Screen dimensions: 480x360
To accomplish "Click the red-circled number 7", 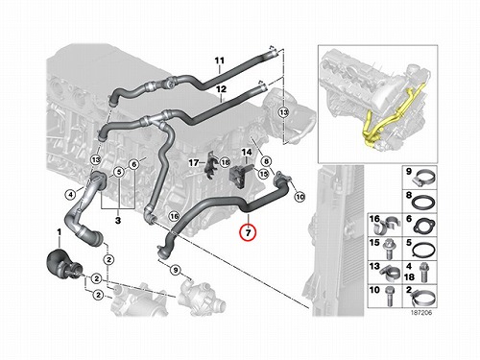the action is [x=249, y=232].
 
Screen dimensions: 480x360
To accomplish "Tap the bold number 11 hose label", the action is [x=220, y=60].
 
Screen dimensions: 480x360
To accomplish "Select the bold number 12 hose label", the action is [x=221, y=89].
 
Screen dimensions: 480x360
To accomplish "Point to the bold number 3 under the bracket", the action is [x=118, y=221].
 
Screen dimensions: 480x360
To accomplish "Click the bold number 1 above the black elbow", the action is [x=59, y=231].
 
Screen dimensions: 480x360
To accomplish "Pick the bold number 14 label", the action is [x=247, y=152].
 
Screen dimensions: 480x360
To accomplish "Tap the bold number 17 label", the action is [x=194, y=163].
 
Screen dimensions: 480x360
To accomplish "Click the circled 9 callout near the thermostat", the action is [x=176, y=270].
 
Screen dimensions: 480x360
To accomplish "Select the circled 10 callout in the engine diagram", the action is [x=300, y=197].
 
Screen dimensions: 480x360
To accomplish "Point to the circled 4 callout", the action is [x=70, y=194].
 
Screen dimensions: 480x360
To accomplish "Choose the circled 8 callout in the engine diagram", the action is [x=266, y=161].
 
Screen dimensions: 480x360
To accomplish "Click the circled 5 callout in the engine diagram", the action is [x=119, y=172].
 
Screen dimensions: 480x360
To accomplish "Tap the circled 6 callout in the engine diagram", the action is [x=134, y=164].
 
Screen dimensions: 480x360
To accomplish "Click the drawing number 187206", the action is [x=421, y=312].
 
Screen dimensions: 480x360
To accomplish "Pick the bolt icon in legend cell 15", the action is [x=388, y=251].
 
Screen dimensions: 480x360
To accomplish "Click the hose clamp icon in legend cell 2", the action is [x=423, y=299].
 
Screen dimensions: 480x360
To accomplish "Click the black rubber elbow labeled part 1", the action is [x=60, y=262].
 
